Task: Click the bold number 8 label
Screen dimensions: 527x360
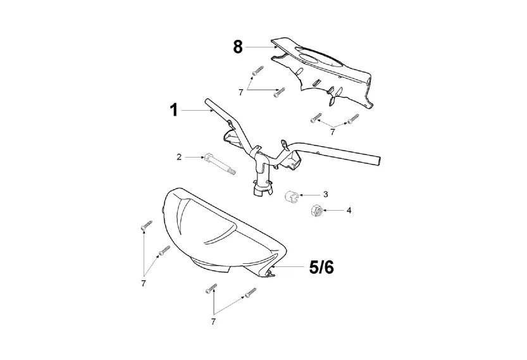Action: point(238,47)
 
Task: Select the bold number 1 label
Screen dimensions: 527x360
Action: point(173,111)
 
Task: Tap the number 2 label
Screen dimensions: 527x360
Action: point(179,156)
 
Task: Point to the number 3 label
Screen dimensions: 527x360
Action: point(325,194)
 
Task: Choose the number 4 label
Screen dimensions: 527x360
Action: point(349,210)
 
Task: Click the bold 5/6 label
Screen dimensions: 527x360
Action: point(321,268)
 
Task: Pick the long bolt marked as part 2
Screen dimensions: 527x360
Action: point(219,163)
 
